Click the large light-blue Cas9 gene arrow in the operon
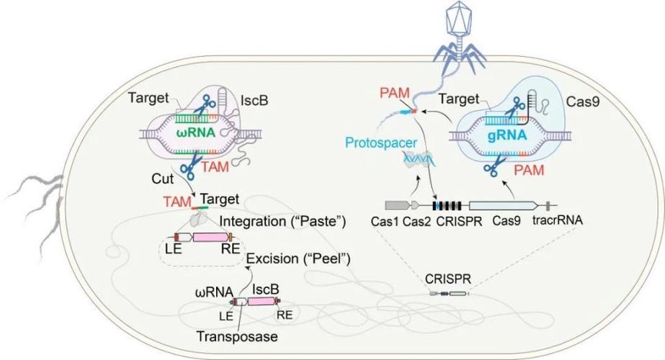pos(504,205)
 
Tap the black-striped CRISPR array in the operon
pos(449,205)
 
